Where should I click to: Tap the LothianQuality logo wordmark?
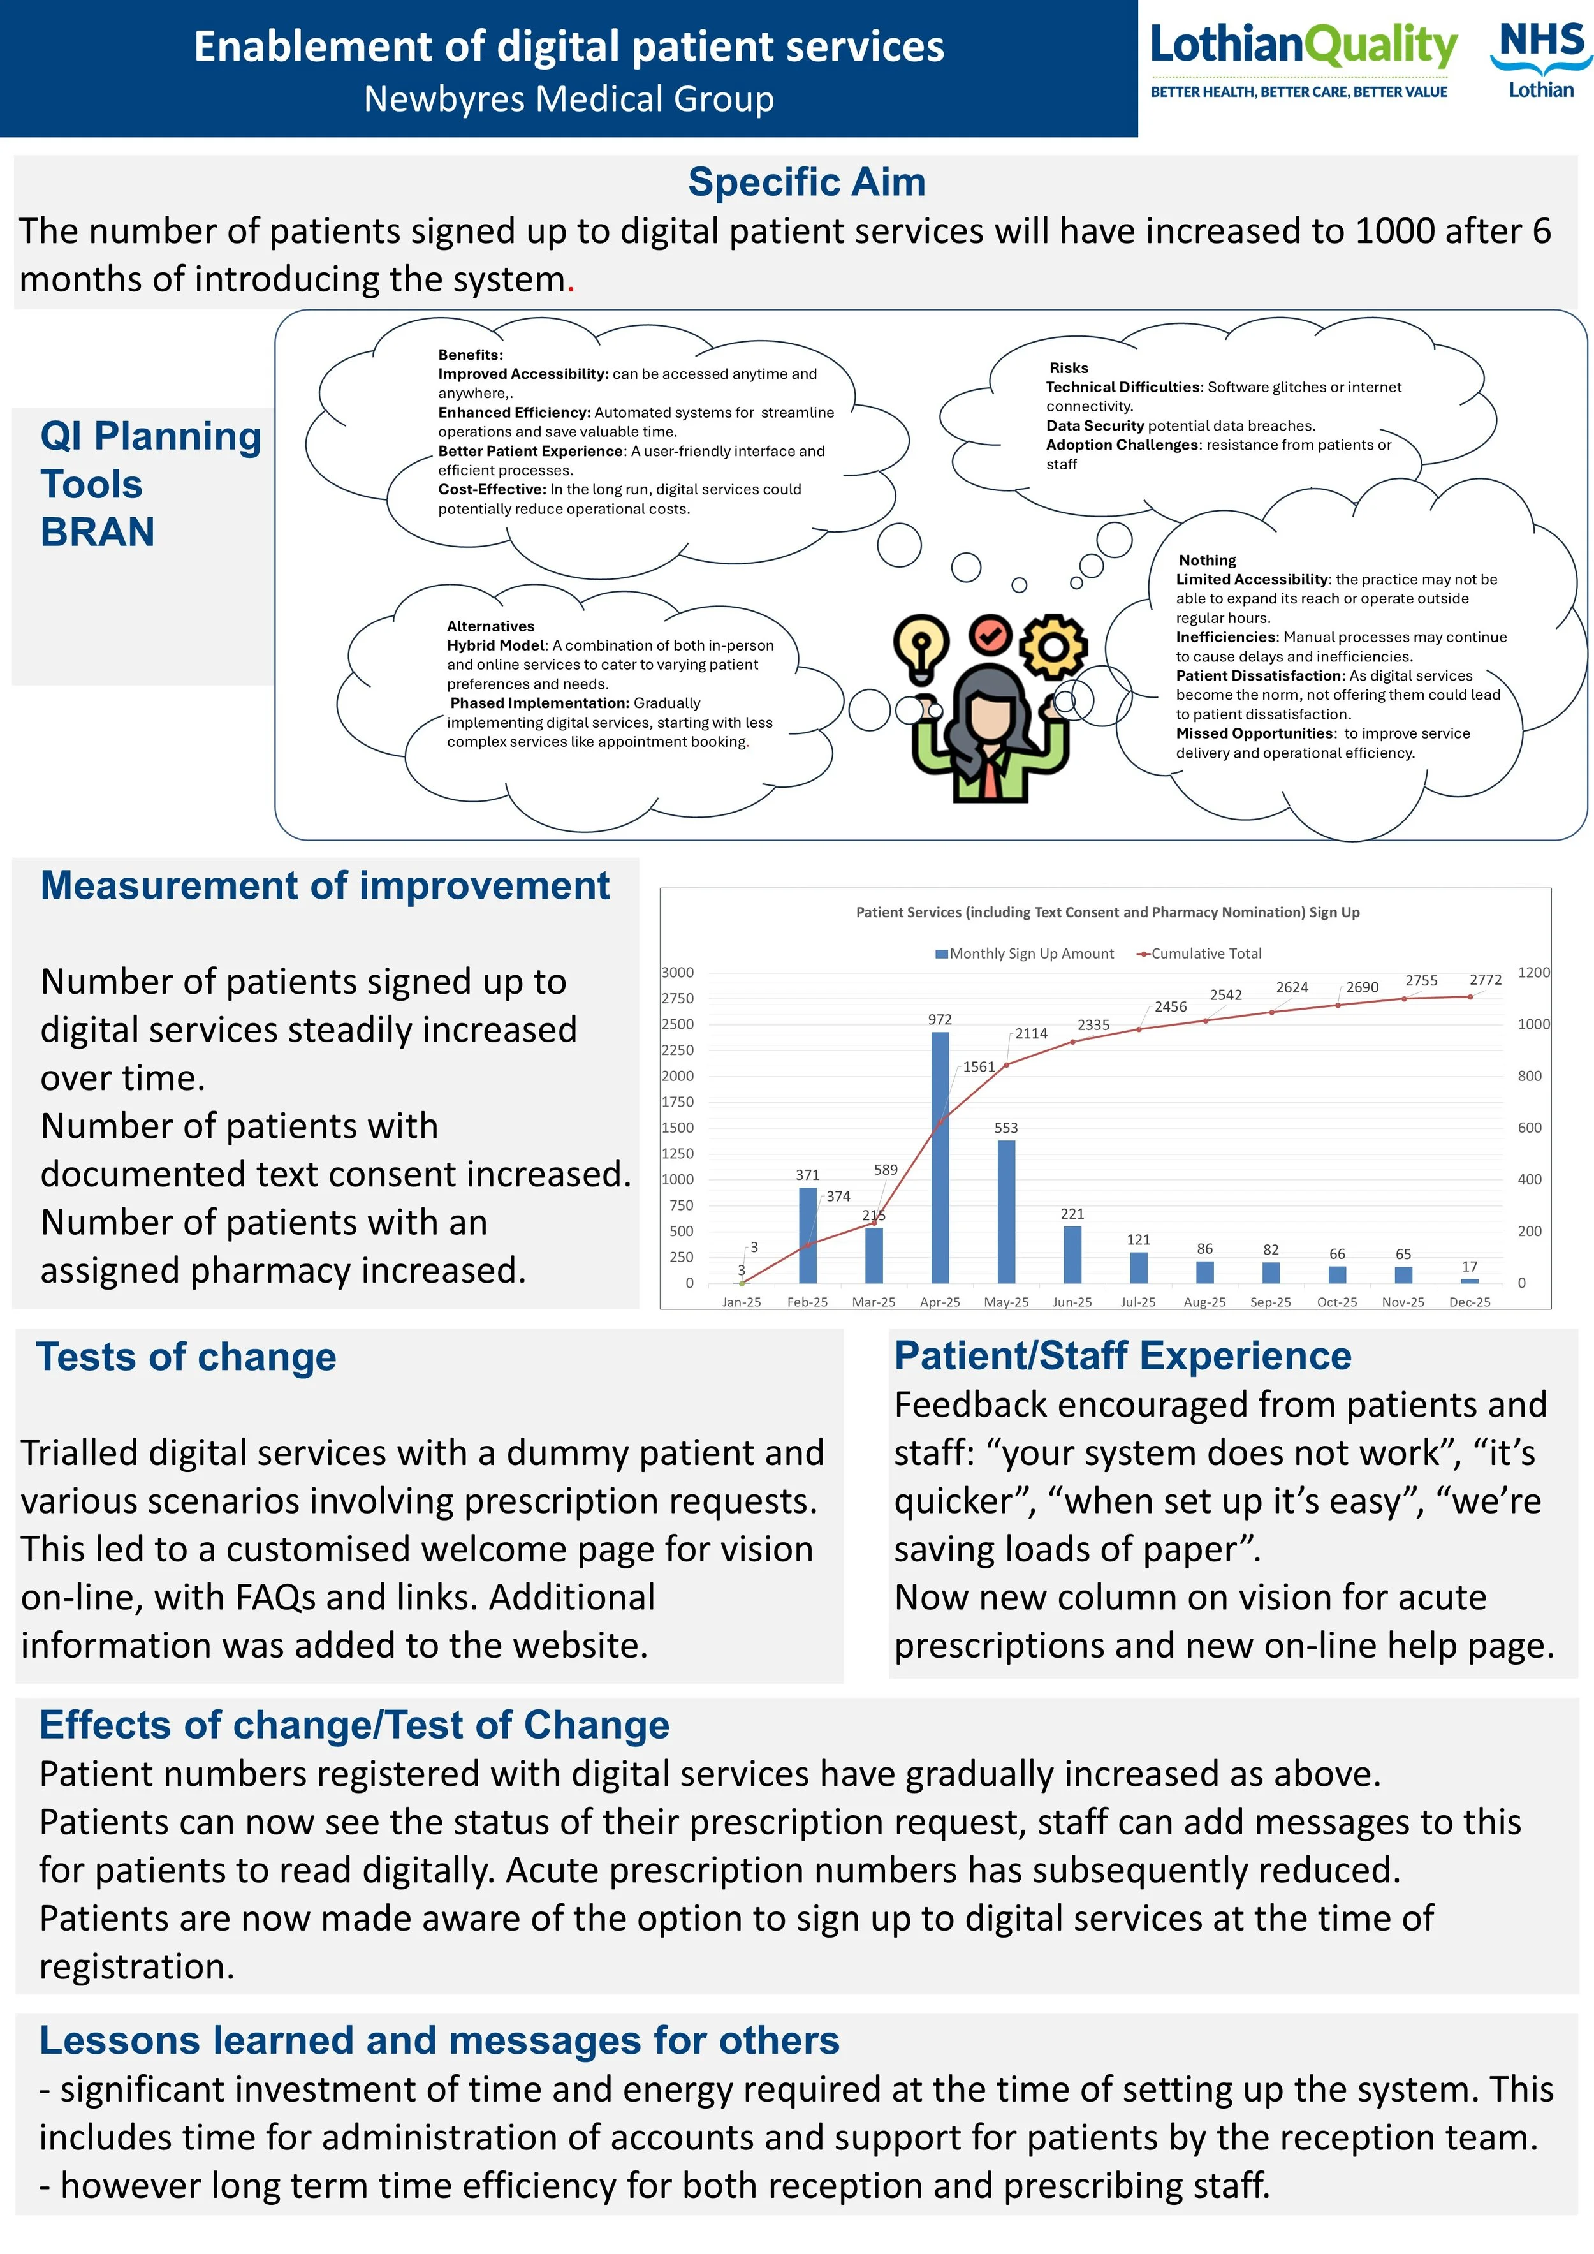[1303, 47]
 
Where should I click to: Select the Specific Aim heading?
[806, 182]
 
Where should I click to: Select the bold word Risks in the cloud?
[1068, 368]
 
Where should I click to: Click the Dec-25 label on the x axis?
[1468, 1302]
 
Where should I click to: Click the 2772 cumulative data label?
[1484, 980]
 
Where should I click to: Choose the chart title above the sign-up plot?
[1107, 912]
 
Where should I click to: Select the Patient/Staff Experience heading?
[1122, 1356]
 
